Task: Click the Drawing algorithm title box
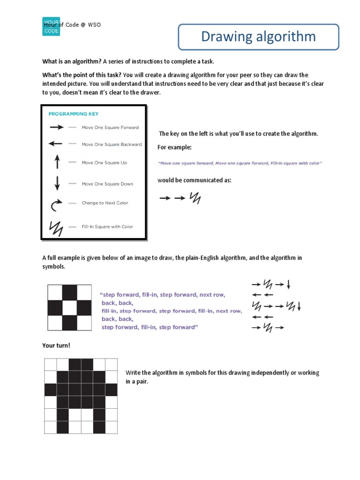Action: click(x=258, y=37)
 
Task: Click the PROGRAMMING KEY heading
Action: click(x=74, y=113)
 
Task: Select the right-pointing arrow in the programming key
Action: click(x=56, y=127)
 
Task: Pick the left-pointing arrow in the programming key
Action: click(x=56, y=144)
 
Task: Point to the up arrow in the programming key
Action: click(x=57, y=162)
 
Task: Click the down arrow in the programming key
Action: click(x=57, y=183)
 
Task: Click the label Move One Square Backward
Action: click(x=112, y=144)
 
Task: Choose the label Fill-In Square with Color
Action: click(x=107, y=227)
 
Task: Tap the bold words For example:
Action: click(x=174, y=147)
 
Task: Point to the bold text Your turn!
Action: click(x=56, y=346)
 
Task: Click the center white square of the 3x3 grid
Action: click(x=69, y=307)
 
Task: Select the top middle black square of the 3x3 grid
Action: click(x=69, y=292)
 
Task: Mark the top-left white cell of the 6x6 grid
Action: click(x=51, y=364)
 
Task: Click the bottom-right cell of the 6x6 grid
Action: click(x=111, y=427)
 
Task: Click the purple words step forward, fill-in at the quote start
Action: click(x=128, y=295)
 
